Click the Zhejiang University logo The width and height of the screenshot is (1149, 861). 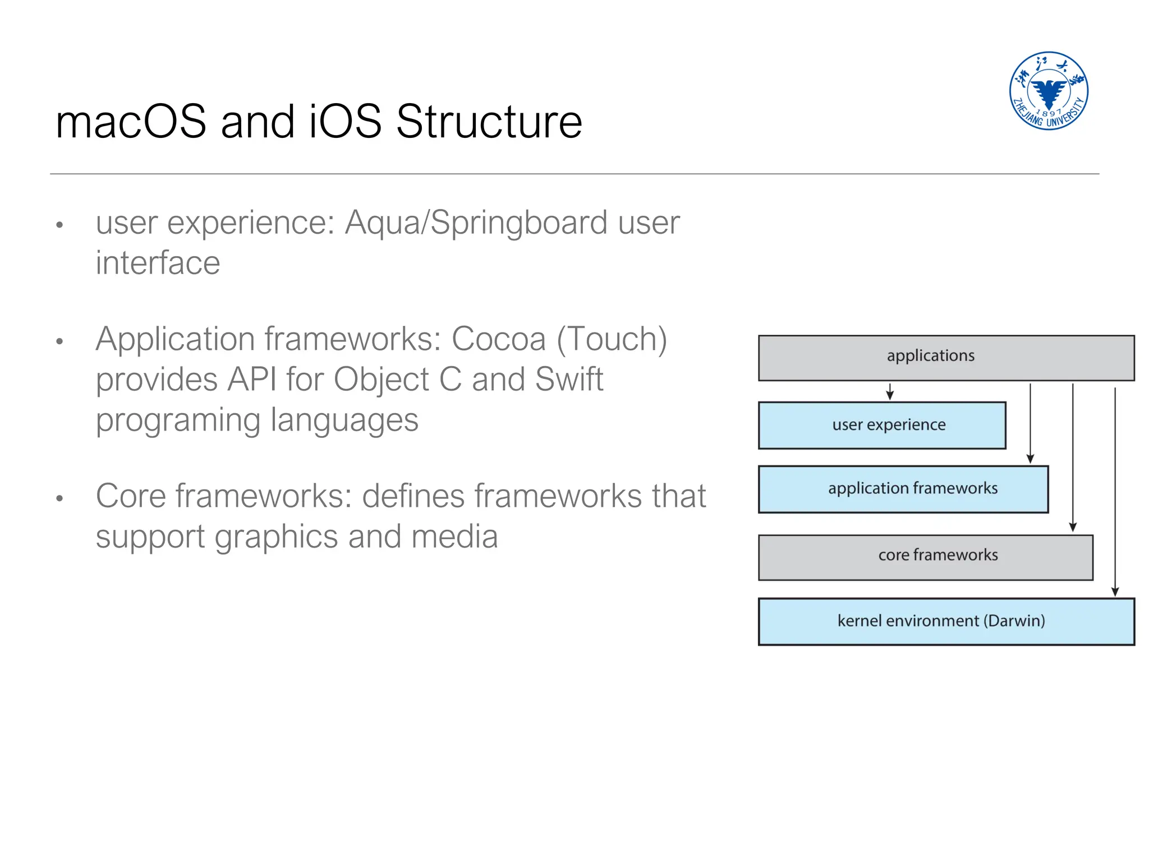pos(1048,91)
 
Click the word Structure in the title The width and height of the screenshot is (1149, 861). pos(489,122)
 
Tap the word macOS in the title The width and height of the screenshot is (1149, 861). pos(131,122)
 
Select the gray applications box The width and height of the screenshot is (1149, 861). pos(946,358)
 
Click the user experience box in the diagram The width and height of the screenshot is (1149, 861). pos(881,425)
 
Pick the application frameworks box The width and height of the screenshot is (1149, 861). pos(903,489)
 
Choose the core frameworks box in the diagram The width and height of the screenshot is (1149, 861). pos(925,557)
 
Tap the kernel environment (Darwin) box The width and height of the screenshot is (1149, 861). pos(946,622)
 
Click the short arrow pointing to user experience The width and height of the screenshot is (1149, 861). pos(890,391)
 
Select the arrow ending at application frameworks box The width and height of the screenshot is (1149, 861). pos(1030,423)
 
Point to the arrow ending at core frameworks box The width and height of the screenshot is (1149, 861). pos(1073,457)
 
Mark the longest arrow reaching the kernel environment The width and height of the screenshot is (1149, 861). pos(1115,490)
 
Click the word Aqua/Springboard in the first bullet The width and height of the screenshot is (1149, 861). pos(476,223)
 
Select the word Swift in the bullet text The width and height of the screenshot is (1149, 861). pos(568,379)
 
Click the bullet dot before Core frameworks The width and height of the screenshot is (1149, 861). pos(59,498)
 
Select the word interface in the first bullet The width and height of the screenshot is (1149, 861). pos(158,263)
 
